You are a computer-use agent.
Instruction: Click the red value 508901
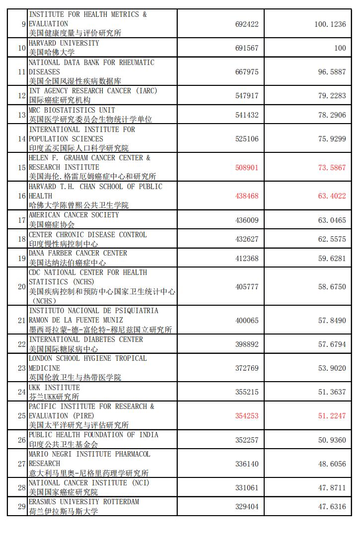(x=247, y=167)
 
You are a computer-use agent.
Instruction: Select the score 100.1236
(x=330, y=24)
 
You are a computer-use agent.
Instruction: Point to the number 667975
(x=247, y=72)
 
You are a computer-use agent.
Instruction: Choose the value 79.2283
(x=332, y=96)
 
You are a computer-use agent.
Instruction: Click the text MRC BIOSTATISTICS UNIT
(x=72, y=110)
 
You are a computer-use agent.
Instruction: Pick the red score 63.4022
(x=332, y=196)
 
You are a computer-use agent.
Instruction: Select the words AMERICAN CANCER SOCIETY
(x=73, y=215)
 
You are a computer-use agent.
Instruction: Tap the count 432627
(x=247, y=239)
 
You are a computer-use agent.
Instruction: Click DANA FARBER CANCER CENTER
(x=77, y=253)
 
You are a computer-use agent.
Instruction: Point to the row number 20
(x=21, y=287)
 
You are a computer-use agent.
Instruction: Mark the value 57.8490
(x=332, y=321)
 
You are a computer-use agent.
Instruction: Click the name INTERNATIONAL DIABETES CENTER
(x=85, y=339)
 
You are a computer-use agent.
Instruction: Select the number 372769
(x=247, y=368)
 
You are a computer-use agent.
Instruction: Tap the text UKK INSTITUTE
(x=54, y=388)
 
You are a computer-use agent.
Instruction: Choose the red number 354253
(x=247, y=416)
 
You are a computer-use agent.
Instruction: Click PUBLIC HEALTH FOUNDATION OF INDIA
(x=93, y=435)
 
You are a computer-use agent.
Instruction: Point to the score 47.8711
(x=332, y=488)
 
